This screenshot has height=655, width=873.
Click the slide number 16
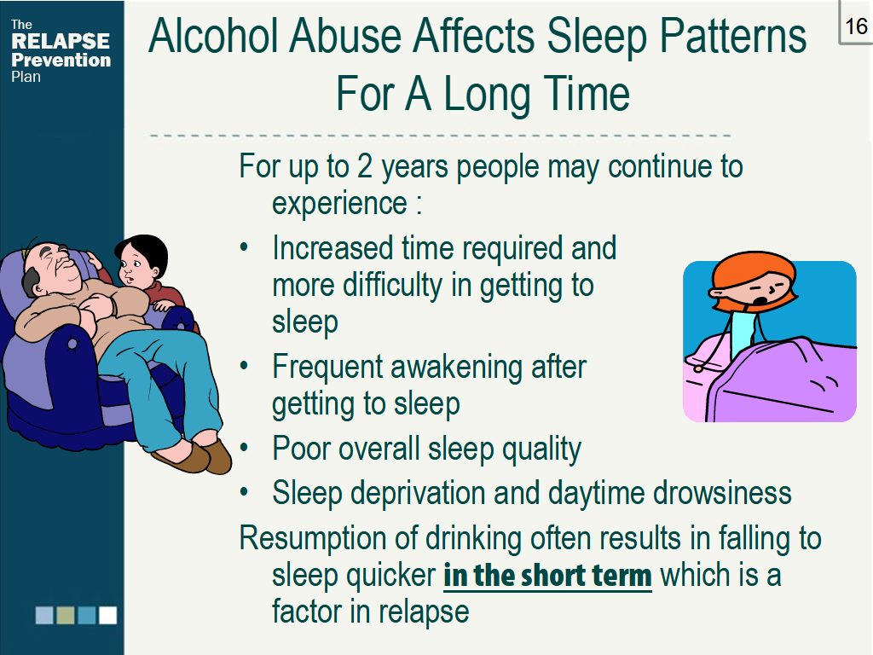click(855, 26)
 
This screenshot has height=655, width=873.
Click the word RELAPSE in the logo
click(61, 41)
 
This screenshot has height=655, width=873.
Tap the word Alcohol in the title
click(212, 37)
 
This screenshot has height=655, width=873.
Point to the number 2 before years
click(365, 165)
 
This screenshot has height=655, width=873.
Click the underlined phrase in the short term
click(547, 576)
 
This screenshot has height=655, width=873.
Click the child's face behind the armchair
click(138, 263)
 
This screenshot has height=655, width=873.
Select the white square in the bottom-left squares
click(107, 615)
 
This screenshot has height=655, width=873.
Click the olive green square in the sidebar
click(66, 615)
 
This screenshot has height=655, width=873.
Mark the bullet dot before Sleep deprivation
click(245, 493)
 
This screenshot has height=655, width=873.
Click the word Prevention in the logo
click(61, 60)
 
